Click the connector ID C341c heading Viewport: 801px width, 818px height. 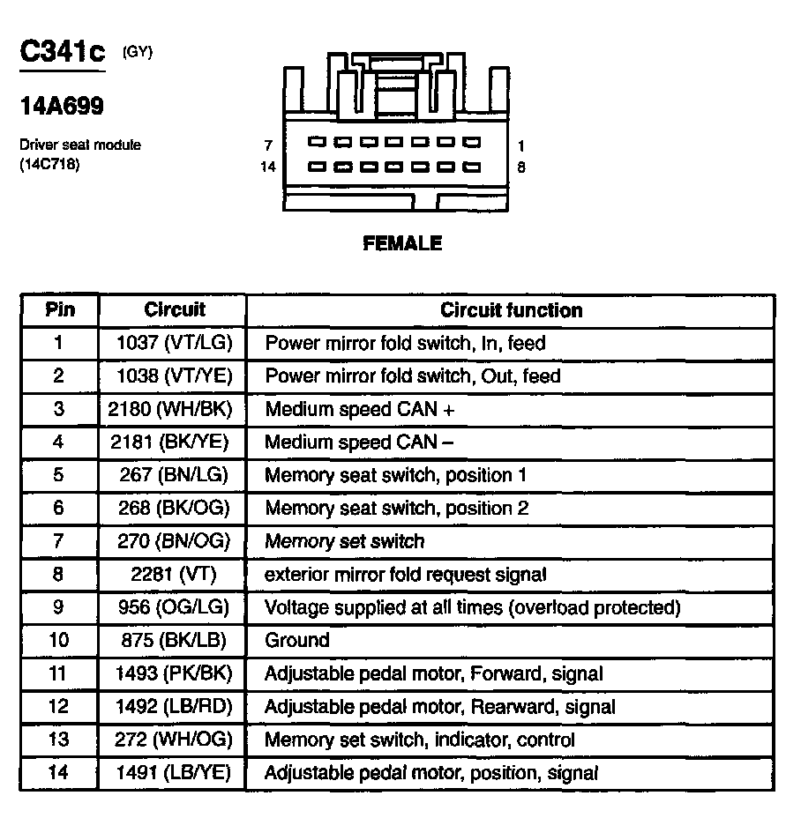click(x=63, y=53)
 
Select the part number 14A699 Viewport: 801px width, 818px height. click(x=62, y=107)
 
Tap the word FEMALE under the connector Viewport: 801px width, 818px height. click(x=402, y=243)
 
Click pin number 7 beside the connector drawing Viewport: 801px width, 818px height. click(x=268, y=145)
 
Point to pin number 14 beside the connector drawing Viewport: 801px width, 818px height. click(x=267, y=167)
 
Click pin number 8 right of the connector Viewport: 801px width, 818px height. click(x=521, y=167)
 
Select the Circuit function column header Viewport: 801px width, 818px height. click(x=511, y=310)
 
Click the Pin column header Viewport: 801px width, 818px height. click(x=59, y=310)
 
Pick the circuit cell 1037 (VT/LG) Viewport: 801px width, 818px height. click(x=173, y=343)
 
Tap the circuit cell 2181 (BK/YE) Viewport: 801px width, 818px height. click(x=173, y=442)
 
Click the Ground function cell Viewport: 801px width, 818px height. click(x=297, y=641)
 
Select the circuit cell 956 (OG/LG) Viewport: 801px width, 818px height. click(x=173, y=607)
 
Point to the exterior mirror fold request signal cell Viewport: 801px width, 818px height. click(x=406, y=575)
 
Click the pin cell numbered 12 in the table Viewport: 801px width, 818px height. click(x=59, y=707)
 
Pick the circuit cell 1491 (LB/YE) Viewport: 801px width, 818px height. click(x=173, y=773)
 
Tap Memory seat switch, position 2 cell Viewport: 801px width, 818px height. click(x=396, y=509)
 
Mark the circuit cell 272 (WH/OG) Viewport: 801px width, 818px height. click(x=173, y=740)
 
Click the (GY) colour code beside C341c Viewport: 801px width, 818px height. click(x=138, y=51)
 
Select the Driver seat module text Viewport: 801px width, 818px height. click(x=80, y=145)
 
